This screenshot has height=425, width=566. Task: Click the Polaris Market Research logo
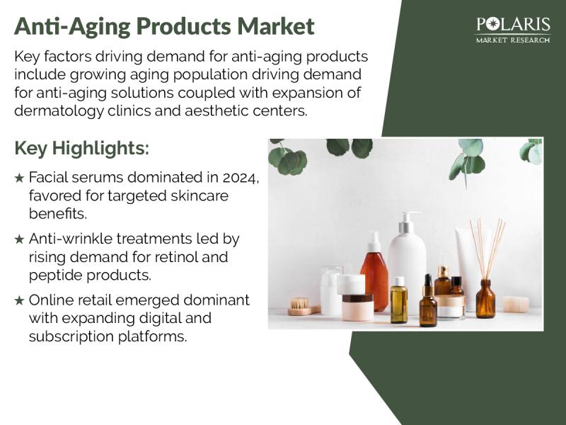tap(513, 30)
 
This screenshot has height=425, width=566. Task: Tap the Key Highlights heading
tap(81, 148)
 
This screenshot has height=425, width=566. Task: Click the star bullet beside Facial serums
tap(20, 178)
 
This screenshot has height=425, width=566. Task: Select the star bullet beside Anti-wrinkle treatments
tap(20, 239)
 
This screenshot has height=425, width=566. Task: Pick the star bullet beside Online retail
tap(20, 300)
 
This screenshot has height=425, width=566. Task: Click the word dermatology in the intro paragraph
tap(59, 111)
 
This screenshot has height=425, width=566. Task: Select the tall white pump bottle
tap(408, 262)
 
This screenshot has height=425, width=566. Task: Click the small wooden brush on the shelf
tap(304, 307)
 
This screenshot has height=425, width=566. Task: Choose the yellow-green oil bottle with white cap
tap(399, 300)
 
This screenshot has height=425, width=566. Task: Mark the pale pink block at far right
tap(516, 305)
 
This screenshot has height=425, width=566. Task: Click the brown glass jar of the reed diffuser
tap(485, 299)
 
